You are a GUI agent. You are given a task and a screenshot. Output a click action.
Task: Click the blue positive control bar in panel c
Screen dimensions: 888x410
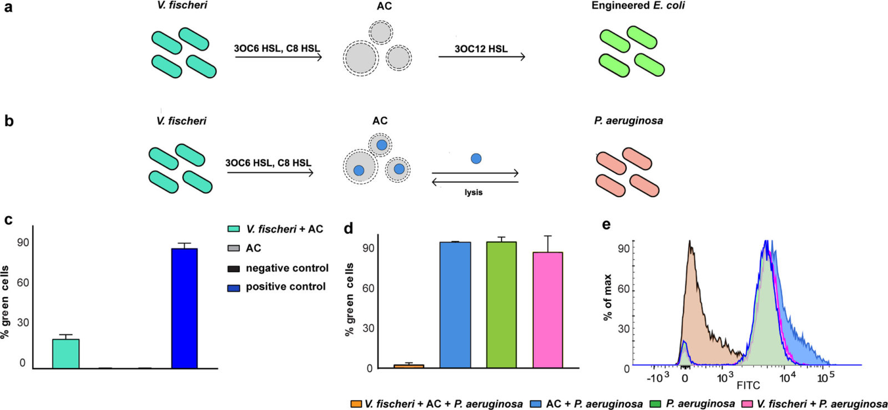pyautogui.click(x=184, y=308)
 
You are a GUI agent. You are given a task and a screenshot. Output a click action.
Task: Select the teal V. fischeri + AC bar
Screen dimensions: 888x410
pyautogui.click(x=66, y=354)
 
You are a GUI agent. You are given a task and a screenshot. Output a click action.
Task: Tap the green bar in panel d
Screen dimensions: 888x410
pyautogui.click(x=502, y=305)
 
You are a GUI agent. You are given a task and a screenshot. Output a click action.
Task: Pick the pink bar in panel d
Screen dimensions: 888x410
pyautogui.click(x=548, y=310)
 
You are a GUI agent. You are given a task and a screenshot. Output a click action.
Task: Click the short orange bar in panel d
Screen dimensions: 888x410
pyautogui.click(x=408, y=366)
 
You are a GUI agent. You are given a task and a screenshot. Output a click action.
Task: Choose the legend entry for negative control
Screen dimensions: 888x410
pyautogui.click(x=278, y=268)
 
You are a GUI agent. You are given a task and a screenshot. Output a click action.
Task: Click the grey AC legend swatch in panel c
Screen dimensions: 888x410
pyautogui.click(x=234, y=248)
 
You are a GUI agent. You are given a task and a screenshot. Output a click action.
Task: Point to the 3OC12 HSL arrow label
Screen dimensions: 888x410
pyautogui.click(x=481, y=49)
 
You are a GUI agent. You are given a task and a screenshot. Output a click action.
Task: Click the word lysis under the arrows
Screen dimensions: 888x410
pyautogui.click(x=474, y=192)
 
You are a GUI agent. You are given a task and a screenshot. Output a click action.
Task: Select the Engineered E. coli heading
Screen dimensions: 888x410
pyautogui.click(x=638, y=6)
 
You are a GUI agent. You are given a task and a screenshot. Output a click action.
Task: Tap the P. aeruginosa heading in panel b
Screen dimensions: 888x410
pyautogui.click(x=628, y=121)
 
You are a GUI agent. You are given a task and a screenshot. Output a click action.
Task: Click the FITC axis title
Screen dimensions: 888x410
pyautogui.click(x=749, y=385)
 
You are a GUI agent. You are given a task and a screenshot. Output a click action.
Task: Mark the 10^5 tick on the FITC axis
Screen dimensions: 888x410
pyautogui.click(x=823, y=378)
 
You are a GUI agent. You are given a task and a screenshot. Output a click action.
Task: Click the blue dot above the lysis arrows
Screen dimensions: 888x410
pyautogui.click(x=476, y=159)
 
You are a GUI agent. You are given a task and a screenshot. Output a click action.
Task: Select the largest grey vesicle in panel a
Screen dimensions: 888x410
pyautogui.click(x=361, y=59)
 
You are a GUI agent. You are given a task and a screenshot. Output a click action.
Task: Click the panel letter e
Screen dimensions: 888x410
pyautogui.click(x=606, y=225)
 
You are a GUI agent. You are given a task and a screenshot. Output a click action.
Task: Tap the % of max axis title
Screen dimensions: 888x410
pyautogui.click(x=608, y=297)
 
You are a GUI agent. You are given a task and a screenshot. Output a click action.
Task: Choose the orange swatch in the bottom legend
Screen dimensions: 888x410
pyautogui.click(x=356, y=404)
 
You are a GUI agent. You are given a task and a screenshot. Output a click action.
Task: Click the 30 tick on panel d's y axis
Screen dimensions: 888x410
pyautogui.click(x=369, y=329)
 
